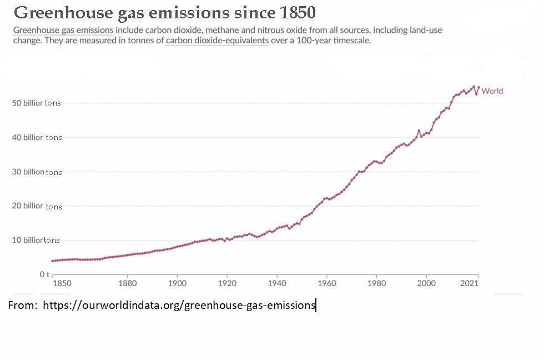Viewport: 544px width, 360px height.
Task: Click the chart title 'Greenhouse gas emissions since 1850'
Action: (165, 13)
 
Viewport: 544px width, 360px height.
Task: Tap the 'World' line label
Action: (492, 91)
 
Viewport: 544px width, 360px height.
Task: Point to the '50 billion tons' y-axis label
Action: (37, 103)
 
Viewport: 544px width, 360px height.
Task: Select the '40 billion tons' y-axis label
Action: (37, 137)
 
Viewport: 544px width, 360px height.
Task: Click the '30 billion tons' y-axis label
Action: (37, 172)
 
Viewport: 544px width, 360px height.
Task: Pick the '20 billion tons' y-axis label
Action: (37, 206)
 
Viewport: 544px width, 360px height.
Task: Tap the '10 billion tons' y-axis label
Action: (36, 240)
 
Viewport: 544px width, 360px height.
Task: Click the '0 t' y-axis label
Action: (44, 274)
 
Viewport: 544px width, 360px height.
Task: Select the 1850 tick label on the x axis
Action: (62, 283)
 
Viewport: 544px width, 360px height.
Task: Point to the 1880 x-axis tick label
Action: (127, 283)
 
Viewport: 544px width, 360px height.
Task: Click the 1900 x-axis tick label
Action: (177, 283)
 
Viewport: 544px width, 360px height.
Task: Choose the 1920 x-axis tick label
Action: (227, 283)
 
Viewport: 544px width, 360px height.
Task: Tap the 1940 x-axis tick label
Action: (277, 283)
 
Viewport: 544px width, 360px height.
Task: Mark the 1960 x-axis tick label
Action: (327, 283)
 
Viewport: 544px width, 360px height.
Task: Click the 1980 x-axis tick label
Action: (377, 283)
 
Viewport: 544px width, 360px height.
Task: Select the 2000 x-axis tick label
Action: (426, 283)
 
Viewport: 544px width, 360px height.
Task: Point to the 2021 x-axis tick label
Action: (470, 283)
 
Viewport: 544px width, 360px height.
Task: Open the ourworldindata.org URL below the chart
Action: (179, 305)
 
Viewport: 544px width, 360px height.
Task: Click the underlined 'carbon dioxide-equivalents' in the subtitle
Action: (217, 41)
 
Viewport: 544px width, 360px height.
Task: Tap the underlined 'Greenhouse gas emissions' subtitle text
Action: (63, 30)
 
